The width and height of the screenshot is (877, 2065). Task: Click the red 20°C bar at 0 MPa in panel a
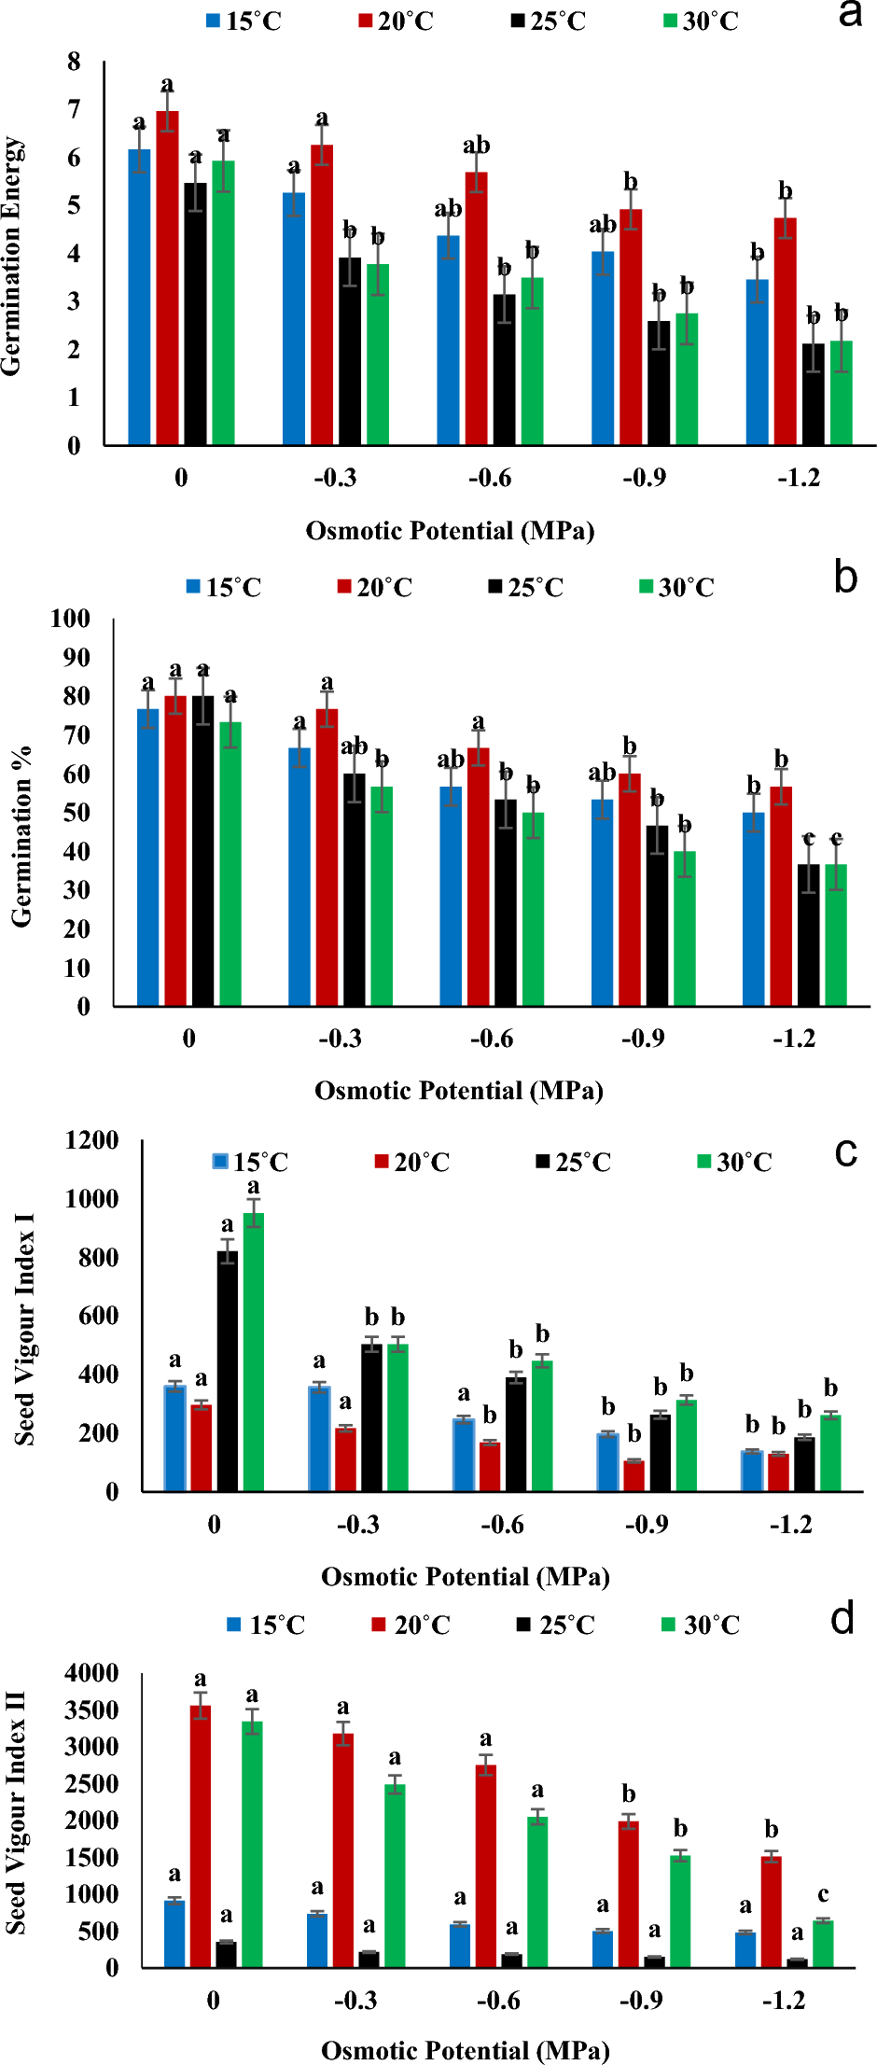pos(167,280)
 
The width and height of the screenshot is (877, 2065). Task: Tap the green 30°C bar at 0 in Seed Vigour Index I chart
pos(254,1353)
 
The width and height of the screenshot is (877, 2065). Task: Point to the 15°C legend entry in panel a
pos(244,21)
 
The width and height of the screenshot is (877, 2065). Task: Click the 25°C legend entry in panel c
pos(573,1162)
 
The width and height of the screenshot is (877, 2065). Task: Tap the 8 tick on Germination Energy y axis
pos(75,62)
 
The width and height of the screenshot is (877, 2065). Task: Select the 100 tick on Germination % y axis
pos(70,619)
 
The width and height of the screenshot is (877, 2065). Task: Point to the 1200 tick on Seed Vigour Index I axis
pos(91,1140)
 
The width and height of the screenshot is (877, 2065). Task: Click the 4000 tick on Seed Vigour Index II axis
pos(91,1673)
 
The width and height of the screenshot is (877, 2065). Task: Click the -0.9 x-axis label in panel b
pos(643,1039)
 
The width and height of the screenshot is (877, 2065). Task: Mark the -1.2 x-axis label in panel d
pos(784,2001)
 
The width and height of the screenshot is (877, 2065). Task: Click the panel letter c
pos(845,1152)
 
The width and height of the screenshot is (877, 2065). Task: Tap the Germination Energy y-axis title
pos(12,257)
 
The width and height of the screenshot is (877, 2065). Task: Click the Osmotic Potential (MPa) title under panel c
pos(466,1576)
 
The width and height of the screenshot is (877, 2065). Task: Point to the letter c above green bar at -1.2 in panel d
pos(823,1894)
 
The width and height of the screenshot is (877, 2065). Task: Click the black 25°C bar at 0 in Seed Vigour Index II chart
pos(226,1954)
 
